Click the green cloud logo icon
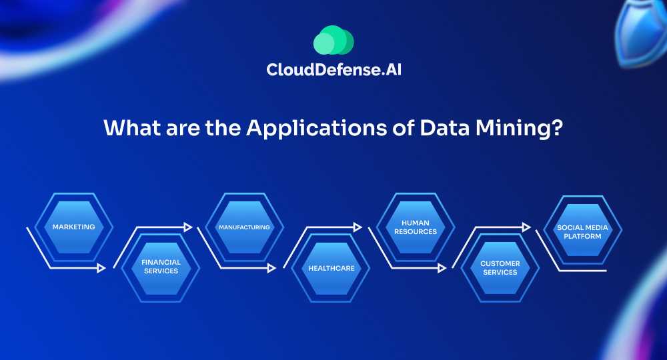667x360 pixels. (333, 41)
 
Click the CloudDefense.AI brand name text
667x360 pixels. (334, 69)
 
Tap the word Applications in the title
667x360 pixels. (316, 129)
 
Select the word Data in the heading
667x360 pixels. (444, 127)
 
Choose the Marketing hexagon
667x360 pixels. (73, 227)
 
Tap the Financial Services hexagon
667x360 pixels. (161, 267)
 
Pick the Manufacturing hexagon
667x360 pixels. (244, 227)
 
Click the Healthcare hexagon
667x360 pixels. (331, 268)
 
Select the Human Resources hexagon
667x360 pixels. (415, 227)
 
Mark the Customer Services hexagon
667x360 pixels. (500, 268)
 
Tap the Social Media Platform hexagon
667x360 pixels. (582, 231)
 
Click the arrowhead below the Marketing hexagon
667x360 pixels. (101, 268)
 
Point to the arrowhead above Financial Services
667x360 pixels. (188, 227)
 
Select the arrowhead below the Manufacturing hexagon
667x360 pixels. (272, 268)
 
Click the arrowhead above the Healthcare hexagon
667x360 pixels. (358, 227)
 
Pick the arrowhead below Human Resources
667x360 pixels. (442, 268)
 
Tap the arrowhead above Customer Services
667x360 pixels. (527, 227)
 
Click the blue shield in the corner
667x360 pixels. (642, 32)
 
